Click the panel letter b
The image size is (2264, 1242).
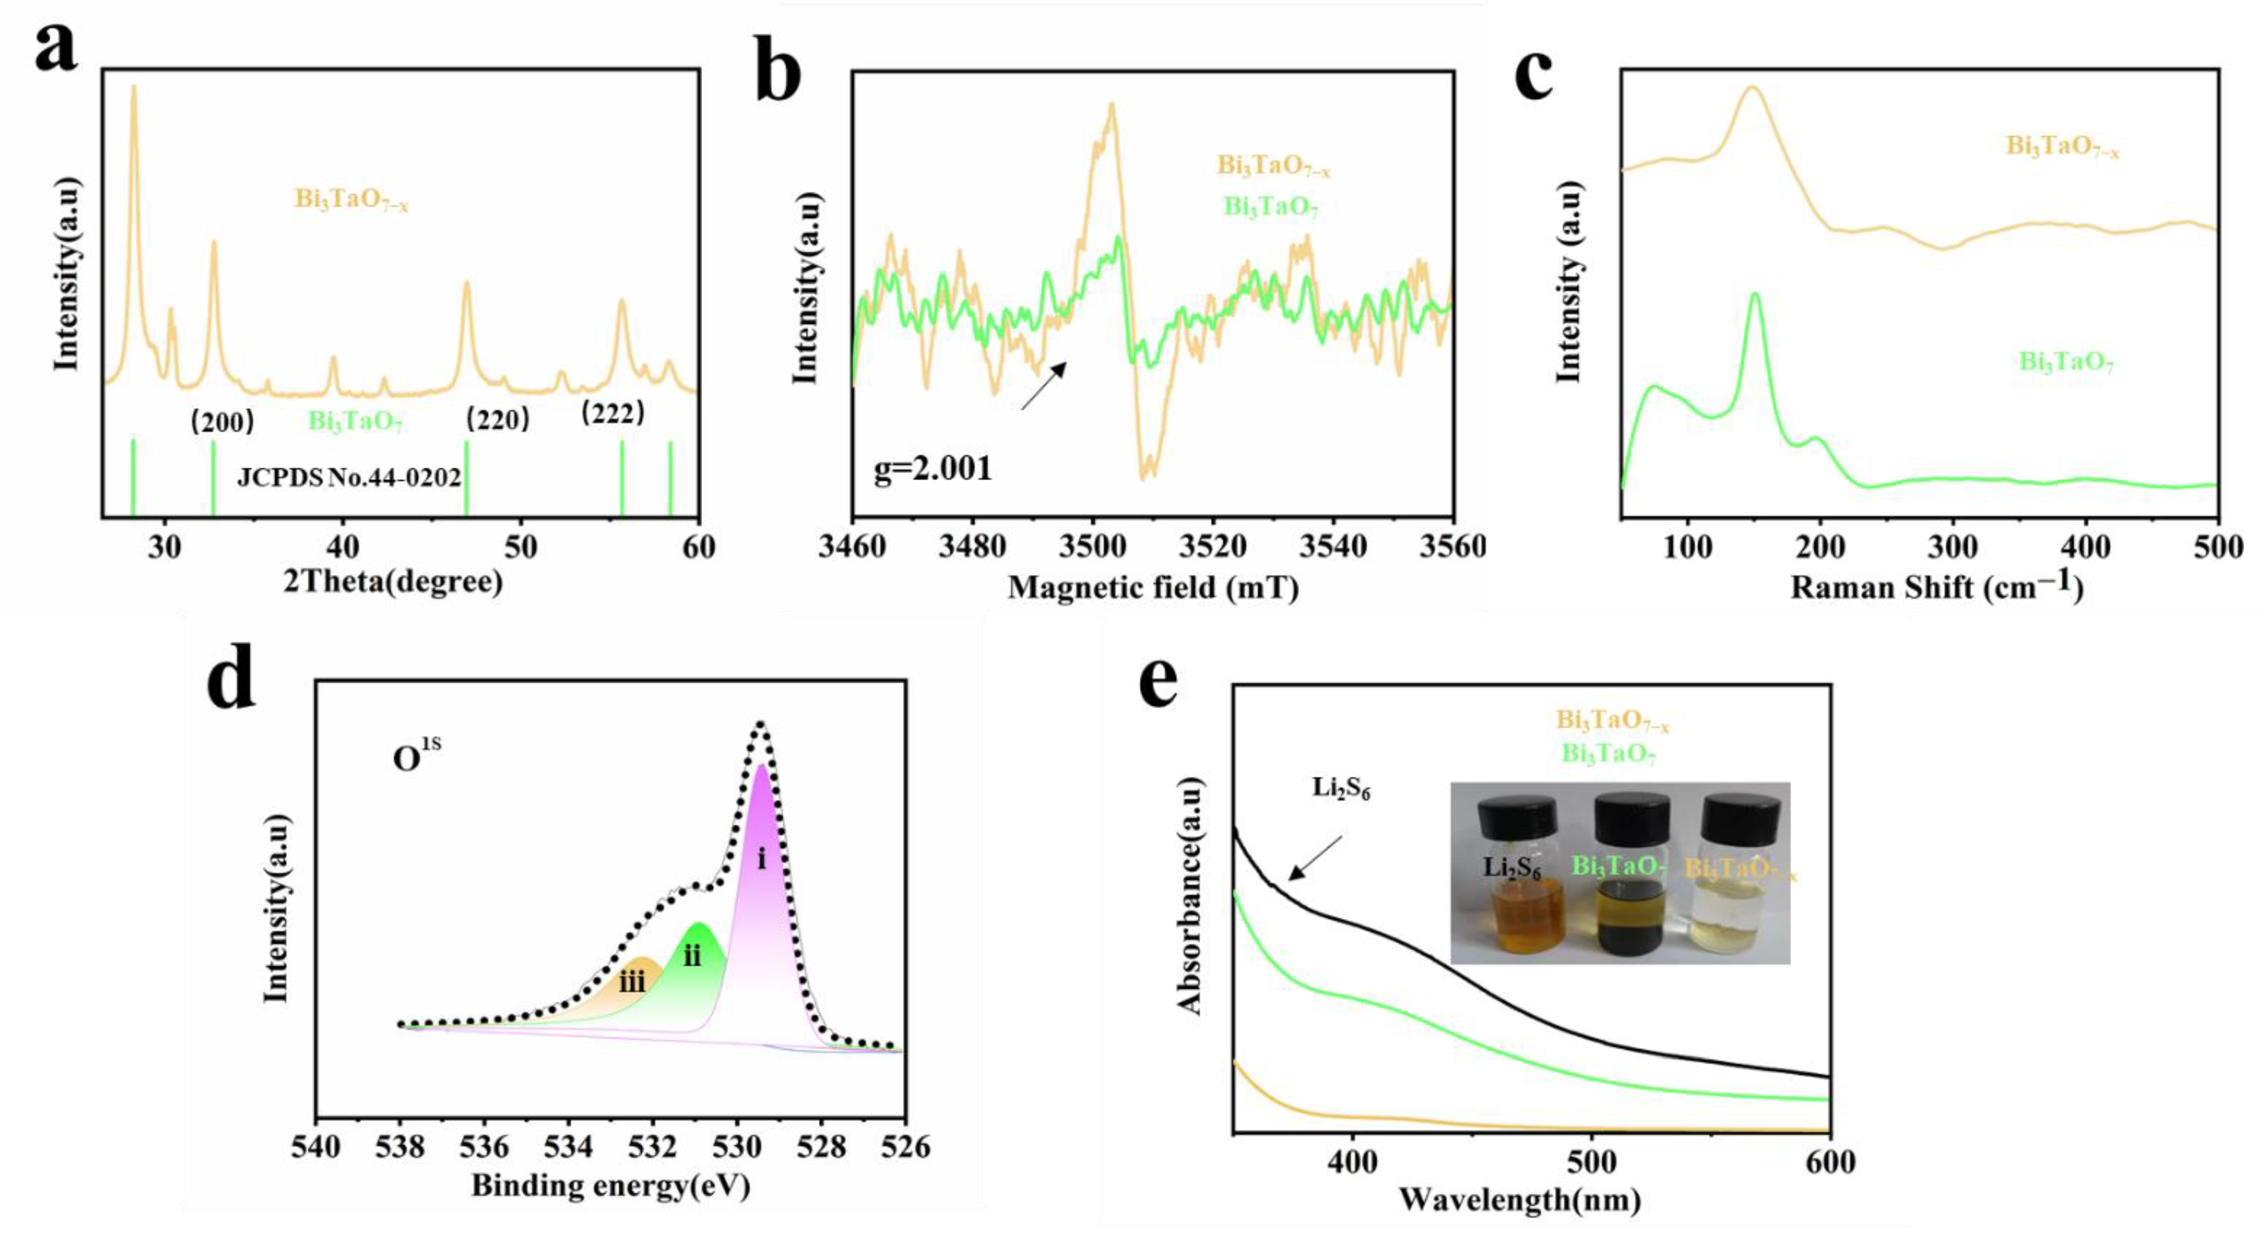point(778,75)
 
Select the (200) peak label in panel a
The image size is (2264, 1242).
point(222,421)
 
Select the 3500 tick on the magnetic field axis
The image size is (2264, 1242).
point(1092,546)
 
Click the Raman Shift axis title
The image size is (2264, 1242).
point(1936,586)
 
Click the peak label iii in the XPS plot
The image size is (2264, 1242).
point(632,981)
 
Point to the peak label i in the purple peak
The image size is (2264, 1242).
point(761,858)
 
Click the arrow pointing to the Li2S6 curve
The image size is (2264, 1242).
point(1315,857)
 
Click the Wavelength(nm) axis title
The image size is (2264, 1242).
point(1520,1199)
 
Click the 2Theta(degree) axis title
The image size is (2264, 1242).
point(393,582)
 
